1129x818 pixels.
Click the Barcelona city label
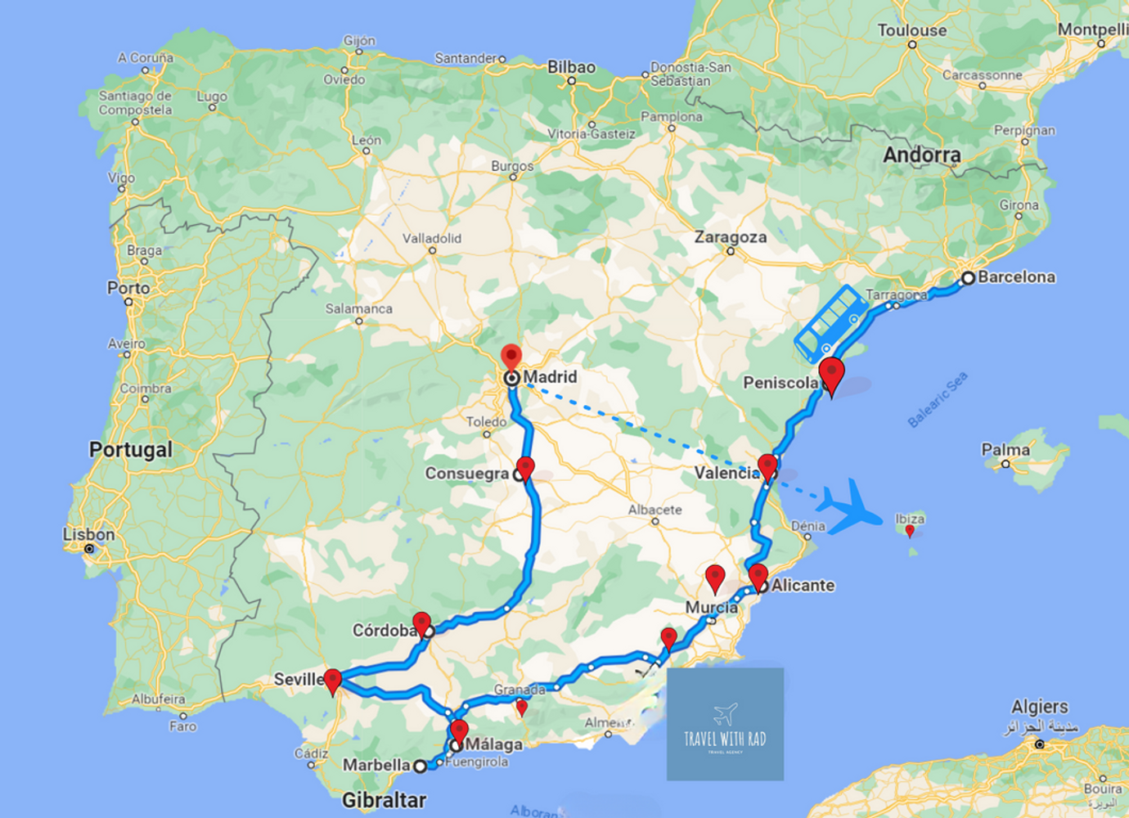tap(1016, 277)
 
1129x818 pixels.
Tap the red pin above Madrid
tap(511, 357)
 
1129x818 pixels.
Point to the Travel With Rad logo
tap(725, 724)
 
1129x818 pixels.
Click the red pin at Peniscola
tap(831, 374)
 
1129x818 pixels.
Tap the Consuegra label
tap(466, 474)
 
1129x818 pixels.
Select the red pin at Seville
tap(332, 680)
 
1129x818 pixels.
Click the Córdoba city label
tap(385, 631)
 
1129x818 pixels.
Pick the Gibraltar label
tap(384, 800)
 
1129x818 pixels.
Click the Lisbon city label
tap(88, 535)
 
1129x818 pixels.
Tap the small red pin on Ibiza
tap(910, 531)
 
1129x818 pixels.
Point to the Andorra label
tap(921, 155)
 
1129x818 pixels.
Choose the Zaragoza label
tap(731, 237)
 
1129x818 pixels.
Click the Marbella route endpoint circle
tap(420, 766)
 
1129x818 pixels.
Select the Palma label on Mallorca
tap(1005, 450)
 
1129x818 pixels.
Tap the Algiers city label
tap(1039, 707)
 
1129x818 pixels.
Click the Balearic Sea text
tap(938, 399)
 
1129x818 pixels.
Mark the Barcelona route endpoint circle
tap(968, 278)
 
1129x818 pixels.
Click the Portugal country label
tap(131, 450)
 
